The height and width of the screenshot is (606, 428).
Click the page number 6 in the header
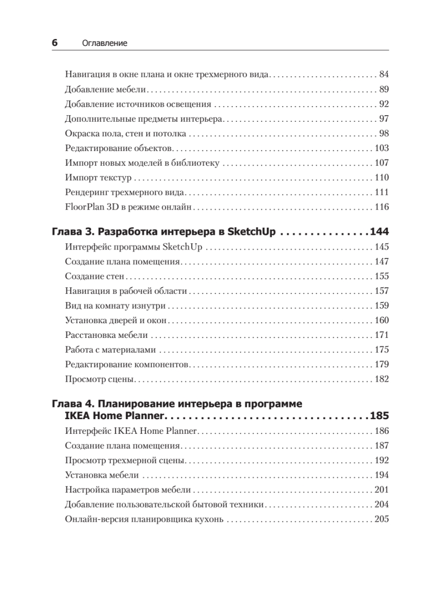(55, 43)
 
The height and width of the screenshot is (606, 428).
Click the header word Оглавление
(104, 44)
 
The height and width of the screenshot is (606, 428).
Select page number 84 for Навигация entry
(384, 75)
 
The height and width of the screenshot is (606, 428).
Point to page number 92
(384, 105)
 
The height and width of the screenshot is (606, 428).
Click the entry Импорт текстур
(98, 178)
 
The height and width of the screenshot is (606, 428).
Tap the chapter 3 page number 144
(379, 232)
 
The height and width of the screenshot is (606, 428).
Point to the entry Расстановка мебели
(106, 335)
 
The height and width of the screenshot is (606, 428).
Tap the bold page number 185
(379, 417)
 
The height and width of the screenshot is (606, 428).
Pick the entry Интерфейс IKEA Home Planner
(131, 431)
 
